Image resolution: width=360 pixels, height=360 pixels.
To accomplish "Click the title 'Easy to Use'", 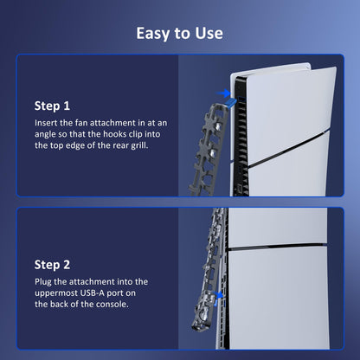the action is point(179,34).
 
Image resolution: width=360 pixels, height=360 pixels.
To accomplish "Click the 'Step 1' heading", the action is point(52,106).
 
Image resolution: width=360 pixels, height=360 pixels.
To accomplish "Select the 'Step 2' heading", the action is point(52,265).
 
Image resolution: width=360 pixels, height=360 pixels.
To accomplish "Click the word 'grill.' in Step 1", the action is point(139,145).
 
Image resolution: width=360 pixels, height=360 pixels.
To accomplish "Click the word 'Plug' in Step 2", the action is point(43,282).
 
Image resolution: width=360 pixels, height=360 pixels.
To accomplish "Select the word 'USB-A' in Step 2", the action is point(93,293).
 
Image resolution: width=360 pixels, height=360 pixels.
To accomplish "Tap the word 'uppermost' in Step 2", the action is point(56,293).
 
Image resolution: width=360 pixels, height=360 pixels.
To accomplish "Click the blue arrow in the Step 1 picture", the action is point(223,93).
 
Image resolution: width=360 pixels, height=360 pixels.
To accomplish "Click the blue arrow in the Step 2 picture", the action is point(220,295).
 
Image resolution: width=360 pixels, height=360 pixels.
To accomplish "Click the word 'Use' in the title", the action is point(209,33).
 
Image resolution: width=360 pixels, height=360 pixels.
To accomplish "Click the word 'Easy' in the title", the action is point(153,34).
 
